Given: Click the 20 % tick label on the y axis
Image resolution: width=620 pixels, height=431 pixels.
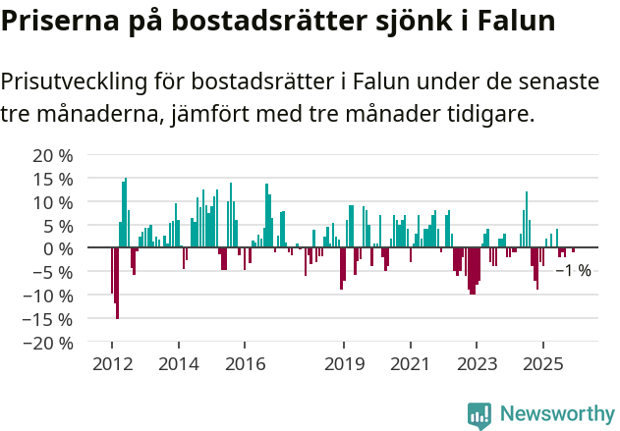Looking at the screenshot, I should (54, 156).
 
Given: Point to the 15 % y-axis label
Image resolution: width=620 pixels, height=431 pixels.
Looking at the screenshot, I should (54, 180).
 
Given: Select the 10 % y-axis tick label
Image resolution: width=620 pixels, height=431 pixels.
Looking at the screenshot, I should (54, 202).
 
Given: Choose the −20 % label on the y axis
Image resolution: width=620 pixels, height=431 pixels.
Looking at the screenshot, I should (49, 343).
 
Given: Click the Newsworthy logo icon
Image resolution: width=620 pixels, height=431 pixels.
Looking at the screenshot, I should (479, 415).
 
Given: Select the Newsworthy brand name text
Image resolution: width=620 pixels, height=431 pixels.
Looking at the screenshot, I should (557, 415).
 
